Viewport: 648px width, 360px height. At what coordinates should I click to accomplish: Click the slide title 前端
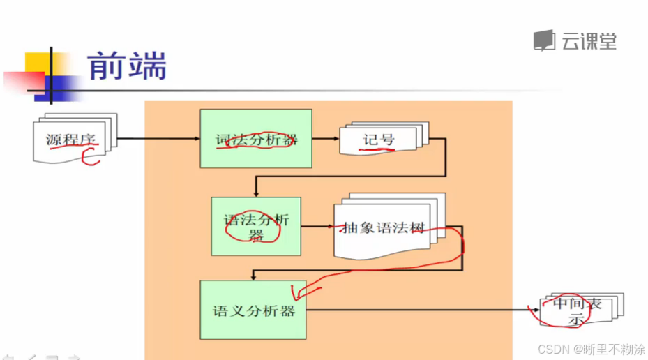tap(127, 67)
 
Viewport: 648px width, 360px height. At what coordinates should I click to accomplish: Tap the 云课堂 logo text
tap(589, 41)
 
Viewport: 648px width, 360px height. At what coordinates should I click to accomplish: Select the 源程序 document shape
tap(71, 139)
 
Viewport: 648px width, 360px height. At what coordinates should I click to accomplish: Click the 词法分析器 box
tap(255, 139)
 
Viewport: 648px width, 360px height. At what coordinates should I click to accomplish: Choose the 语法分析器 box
tap(255, 226)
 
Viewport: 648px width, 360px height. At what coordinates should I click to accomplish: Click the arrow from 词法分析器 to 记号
tap(325, 139)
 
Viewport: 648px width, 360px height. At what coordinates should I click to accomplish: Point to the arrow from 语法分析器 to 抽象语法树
tap(317, 227)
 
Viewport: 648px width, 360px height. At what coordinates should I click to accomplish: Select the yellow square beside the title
tap(38, 65)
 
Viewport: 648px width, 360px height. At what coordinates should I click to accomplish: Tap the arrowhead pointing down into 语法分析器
tap(256, 193)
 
